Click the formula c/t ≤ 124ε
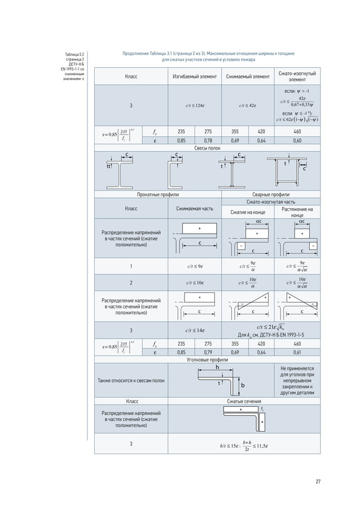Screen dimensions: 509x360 195,105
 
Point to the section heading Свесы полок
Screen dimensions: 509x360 203,147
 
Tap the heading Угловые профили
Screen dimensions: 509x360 203,359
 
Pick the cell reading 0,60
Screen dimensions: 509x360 297,141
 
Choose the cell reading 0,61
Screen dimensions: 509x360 297,353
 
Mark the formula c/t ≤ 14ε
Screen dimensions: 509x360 195,330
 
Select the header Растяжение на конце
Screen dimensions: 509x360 297,212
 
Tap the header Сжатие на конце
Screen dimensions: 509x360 247,212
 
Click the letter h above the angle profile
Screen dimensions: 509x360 217,367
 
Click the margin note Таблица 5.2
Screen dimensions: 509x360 74,54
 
